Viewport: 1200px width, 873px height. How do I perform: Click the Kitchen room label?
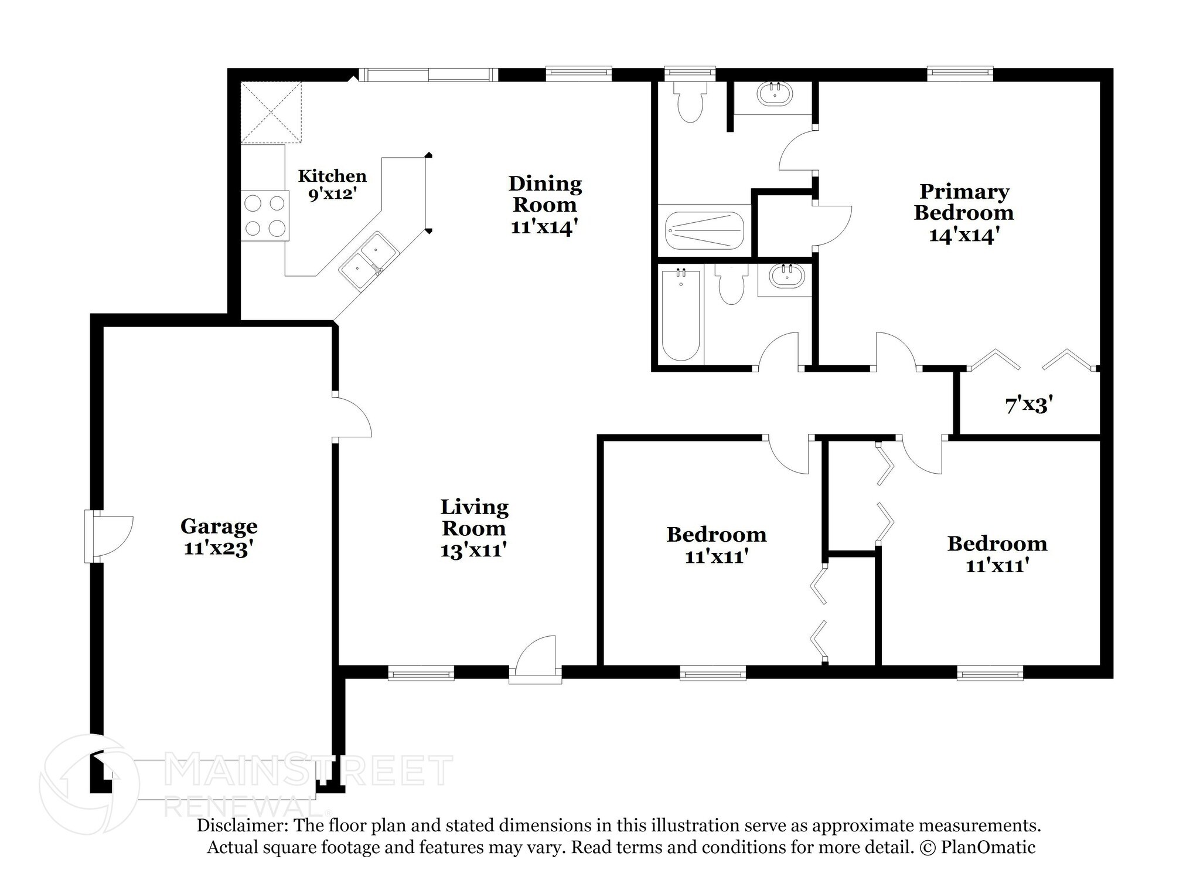click(x=332, y=176)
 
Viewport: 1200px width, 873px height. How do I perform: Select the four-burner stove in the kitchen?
click(x=265, y=215)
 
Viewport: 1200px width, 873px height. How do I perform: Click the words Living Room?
click(x=474, y=517)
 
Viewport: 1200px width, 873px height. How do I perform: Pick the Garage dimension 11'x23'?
click(x=219, y=549)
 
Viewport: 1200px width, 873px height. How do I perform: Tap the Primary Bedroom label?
click(x=964, y=202)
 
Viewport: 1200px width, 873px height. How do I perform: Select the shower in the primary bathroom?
click(x=704, y=231)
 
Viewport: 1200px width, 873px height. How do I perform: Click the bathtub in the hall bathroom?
click(x=681, y=315)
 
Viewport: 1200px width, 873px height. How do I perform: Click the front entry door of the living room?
click(x=535, y=660)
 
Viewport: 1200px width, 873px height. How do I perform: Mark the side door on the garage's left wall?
click(x=109, y=536)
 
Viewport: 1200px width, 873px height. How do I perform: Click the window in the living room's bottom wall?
click(x=421, y=672)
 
